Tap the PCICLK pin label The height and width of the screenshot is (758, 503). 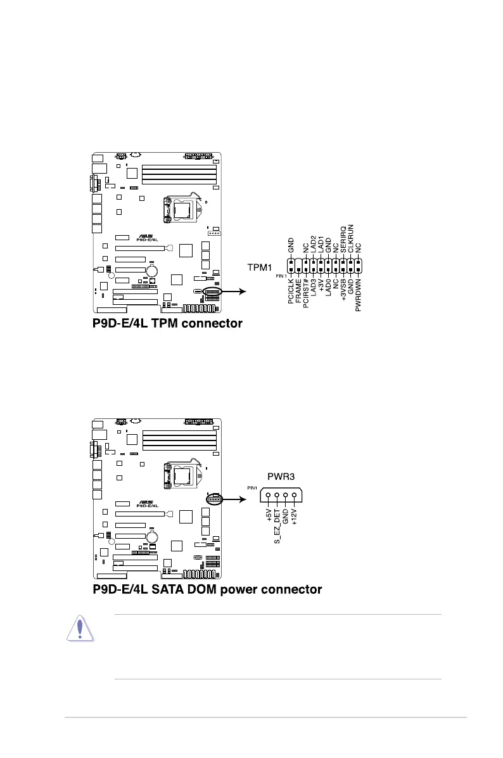291,294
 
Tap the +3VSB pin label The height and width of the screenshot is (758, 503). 343,293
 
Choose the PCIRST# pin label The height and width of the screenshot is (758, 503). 306,295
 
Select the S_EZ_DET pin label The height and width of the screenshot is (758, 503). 277,526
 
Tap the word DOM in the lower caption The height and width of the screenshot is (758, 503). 207,590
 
